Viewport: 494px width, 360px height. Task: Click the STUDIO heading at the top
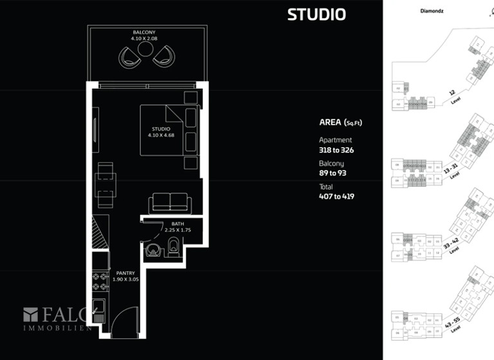(x=316, y=14)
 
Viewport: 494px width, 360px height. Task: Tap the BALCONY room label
(x=144, y=32)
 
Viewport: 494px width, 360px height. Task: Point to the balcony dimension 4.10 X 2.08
(x=144, y=39)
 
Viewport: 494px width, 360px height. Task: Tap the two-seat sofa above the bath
(x=169, y=203)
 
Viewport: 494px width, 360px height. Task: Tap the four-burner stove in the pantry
(x=99, y=280)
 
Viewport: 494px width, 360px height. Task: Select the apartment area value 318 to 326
(x=336, y=150)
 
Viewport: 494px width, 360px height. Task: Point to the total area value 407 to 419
(x=336, y=196)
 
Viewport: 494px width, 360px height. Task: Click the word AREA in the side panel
(x=331, y=122)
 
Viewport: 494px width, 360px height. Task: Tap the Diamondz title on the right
(x=433, y=11)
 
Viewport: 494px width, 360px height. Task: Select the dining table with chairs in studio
(x=104, y=182)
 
